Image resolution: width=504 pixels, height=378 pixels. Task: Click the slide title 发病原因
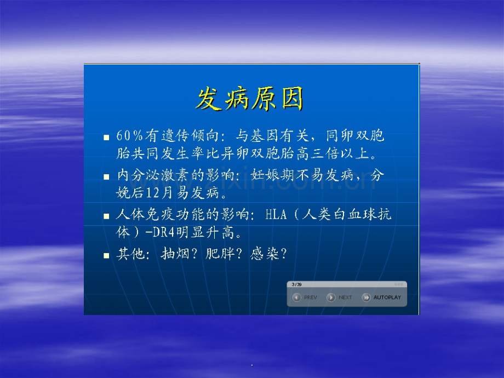click(x=250, y=99)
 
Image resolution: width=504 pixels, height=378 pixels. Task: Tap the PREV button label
click(x=310, y=297)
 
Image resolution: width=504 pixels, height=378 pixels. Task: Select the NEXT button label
click(x=345, y=297)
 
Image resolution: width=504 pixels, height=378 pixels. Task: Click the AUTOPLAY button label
click(x=387, y=297)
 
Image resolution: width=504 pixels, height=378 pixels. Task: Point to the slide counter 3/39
click(x=296, y=284)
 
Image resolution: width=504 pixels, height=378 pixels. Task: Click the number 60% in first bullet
click(x=129, y=136)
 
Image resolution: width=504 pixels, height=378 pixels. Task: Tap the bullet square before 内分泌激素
click(x=106, y=176)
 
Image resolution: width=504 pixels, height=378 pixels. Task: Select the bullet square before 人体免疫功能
click(x=106, y=216)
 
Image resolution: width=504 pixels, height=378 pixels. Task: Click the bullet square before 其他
click(x=106, y=255)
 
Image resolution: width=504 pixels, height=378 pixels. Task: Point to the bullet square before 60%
click(x=106, y=138)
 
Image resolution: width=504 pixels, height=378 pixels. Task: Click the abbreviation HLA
click(x=276, y=214)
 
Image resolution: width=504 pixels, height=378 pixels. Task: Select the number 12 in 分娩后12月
click(x=153, y=193)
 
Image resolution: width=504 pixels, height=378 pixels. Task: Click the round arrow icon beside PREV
click(x=297, y=297)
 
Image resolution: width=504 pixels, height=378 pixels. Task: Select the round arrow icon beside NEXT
click(x=331, y=297)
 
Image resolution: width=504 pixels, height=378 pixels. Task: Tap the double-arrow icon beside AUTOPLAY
click(x=366, y=297)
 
